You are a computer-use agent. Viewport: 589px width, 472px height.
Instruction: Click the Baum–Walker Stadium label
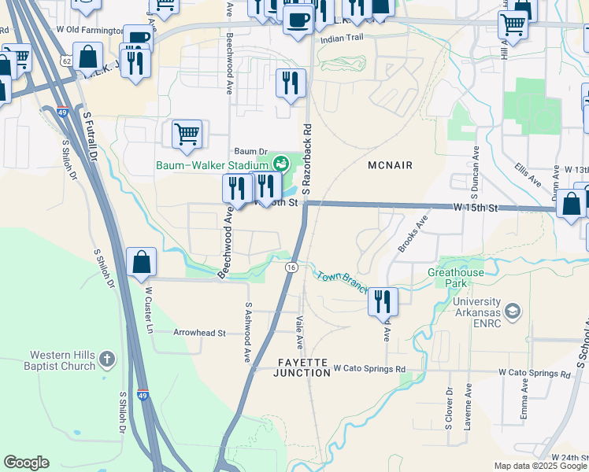[211, 164]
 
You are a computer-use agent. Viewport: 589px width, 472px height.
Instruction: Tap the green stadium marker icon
[279, 164]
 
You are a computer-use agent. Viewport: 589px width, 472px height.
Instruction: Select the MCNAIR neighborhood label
[390, 164]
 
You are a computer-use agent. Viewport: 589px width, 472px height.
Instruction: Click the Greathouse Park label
[455, 278]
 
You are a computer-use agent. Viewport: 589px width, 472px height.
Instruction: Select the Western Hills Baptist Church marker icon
[108, 361]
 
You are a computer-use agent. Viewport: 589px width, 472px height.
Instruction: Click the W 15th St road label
[476, 208]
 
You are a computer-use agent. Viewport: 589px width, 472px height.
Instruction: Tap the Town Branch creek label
[342, 281]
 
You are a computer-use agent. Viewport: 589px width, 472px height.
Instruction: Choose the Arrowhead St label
[199, 333]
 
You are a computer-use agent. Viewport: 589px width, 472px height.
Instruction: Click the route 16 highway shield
[291, 268]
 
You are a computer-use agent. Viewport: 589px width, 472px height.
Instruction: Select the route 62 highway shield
[65, 60]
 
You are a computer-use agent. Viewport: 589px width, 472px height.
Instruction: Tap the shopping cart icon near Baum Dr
[187, 133]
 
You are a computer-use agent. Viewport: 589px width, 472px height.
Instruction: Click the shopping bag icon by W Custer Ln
[141, 262]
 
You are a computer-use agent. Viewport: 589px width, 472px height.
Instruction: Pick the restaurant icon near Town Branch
[383, 301]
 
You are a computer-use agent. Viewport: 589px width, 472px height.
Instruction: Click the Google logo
[26, 463]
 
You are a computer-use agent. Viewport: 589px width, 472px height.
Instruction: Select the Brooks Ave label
[413, 234]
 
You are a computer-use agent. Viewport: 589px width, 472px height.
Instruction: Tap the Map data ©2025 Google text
[539, 466]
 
